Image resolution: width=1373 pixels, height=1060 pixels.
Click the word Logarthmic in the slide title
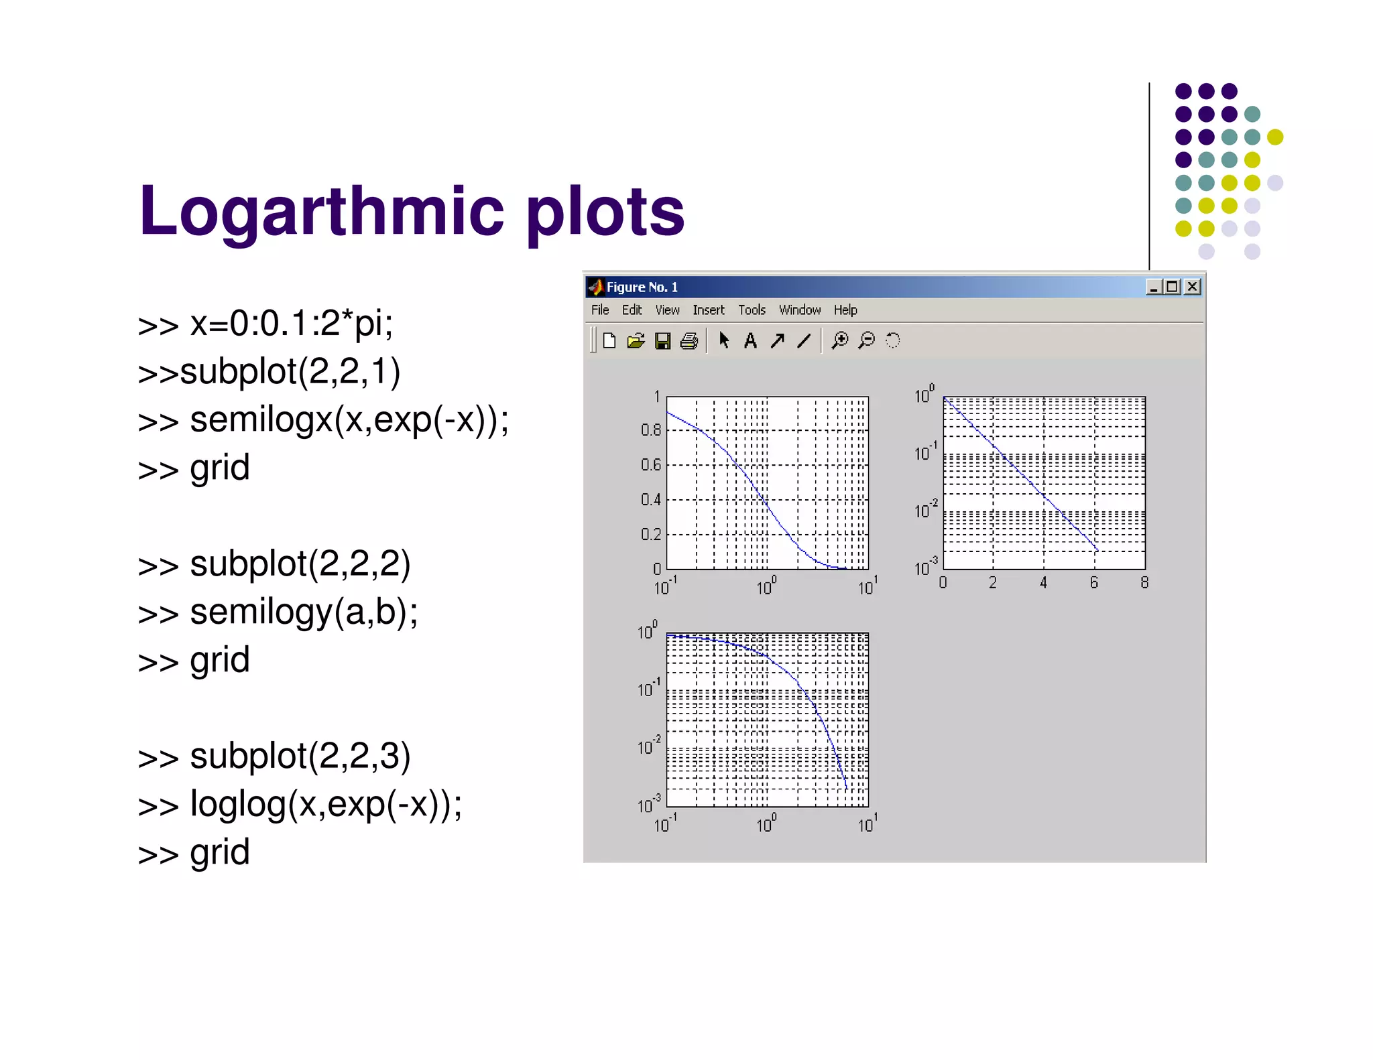322,212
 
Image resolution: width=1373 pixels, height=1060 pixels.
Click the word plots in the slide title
605,212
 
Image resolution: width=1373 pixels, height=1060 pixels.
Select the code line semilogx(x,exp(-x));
349,420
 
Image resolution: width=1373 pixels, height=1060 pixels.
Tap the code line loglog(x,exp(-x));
326,804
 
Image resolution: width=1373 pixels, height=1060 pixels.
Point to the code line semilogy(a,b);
303,612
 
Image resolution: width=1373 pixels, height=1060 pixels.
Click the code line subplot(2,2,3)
300,756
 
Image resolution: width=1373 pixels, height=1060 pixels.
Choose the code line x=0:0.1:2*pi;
291,324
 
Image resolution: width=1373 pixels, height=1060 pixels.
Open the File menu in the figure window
600,310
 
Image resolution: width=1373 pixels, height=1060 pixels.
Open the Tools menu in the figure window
752,310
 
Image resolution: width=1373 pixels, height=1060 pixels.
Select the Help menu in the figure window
845,310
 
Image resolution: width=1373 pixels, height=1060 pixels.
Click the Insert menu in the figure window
709,310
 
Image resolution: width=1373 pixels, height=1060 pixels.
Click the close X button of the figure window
1192,287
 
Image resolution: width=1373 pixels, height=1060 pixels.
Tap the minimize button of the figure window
1153,287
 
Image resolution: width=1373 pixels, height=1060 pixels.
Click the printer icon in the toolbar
689,341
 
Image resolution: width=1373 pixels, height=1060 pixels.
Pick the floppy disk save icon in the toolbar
662,341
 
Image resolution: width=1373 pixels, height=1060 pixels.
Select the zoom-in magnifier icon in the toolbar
839,340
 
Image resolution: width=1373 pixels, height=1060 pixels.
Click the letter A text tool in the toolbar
750,341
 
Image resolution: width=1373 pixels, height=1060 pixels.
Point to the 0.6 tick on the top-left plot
650,464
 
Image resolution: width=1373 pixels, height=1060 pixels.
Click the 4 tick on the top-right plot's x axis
1043,583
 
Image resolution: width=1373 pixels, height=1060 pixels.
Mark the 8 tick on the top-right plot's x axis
1144,583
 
